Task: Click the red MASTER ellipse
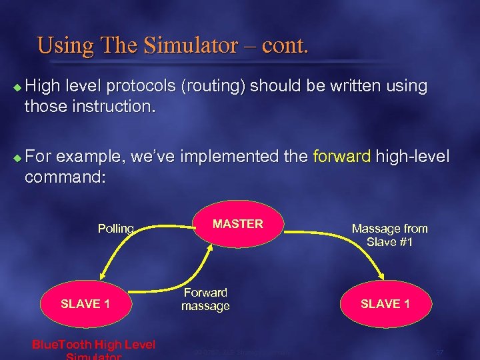point(238,224)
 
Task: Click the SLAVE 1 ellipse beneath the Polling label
point(85,303)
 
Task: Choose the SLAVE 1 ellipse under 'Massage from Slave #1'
point(385,303)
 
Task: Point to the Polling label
point(116,229)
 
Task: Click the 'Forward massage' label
point(205,299)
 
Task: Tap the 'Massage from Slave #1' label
point(389,235)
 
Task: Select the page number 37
point(439,351)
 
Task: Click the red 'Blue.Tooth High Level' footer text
point(93,344)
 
